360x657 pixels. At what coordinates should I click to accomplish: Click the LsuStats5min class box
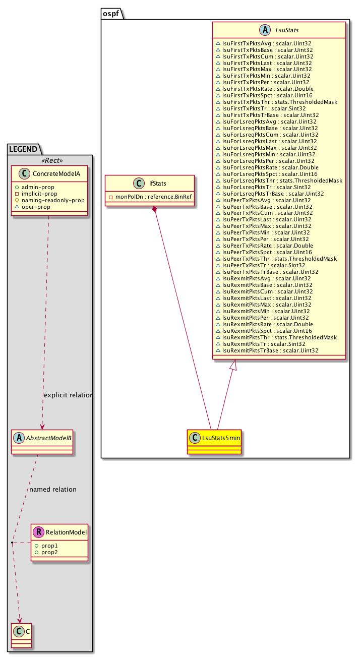(214, 435)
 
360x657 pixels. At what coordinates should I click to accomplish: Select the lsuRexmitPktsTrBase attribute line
(267, 350)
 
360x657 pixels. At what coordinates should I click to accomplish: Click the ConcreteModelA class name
(55, 173)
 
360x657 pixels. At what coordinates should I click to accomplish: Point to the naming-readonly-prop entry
(52, 200)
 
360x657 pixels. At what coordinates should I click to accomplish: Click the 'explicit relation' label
(69, 395)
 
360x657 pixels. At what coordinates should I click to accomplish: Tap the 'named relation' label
(53, 489)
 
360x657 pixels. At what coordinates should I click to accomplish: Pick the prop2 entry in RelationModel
(46, 552)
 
